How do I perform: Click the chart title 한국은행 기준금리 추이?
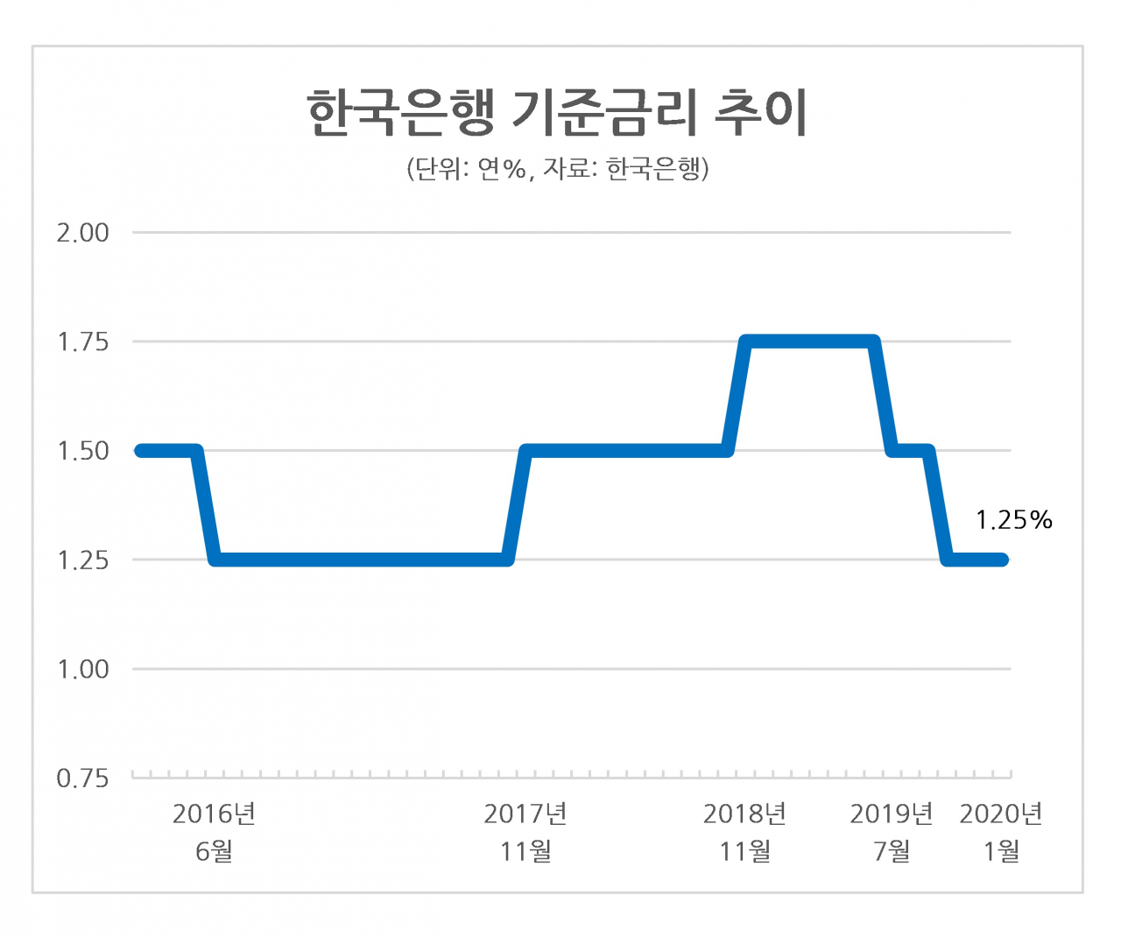[557, 113]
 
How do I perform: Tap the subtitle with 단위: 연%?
[557, 169]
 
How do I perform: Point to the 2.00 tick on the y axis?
[82, 233]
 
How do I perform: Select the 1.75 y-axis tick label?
[82, 342]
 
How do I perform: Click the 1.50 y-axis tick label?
[82, 451]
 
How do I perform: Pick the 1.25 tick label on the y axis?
[82, 560]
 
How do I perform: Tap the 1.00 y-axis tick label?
[82, 670]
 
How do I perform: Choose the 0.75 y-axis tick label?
[82, 778]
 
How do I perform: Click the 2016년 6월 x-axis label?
[215, 833]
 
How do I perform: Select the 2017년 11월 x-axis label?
[525, 833]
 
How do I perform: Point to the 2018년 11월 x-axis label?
[744, 833]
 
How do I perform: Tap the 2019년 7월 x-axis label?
[892, 833]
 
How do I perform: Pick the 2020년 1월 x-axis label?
[1001, 833]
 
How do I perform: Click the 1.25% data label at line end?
[1014, 520]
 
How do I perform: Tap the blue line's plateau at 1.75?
[809, 342]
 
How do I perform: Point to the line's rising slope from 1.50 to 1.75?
[736, 397]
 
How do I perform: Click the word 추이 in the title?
[761, 113]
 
